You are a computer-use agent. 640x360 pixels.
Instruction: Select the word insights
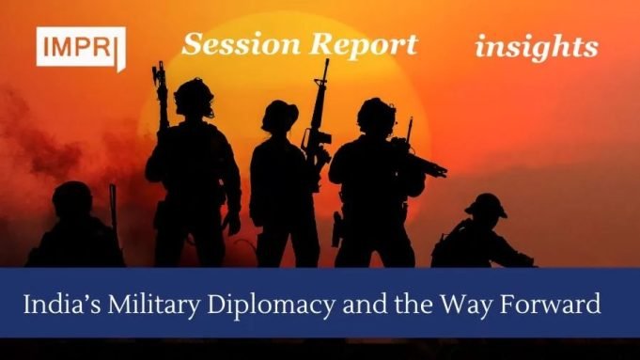click(x=536, y=46)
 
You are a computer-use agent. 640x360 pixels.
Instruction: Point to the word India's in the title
click(x=65, y=305)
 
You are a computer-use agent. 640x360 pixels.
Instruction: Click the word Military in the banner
click(x=158, y=305)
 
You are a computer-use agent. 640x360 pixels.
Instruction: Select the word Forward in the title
click(x=558, y=305)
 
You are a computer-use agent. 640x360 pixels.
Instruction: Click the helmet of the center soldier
click(x=280, y=115)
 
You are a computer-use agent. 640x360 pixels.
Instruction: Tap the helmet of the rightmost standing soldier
click(x=376, y=114)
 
